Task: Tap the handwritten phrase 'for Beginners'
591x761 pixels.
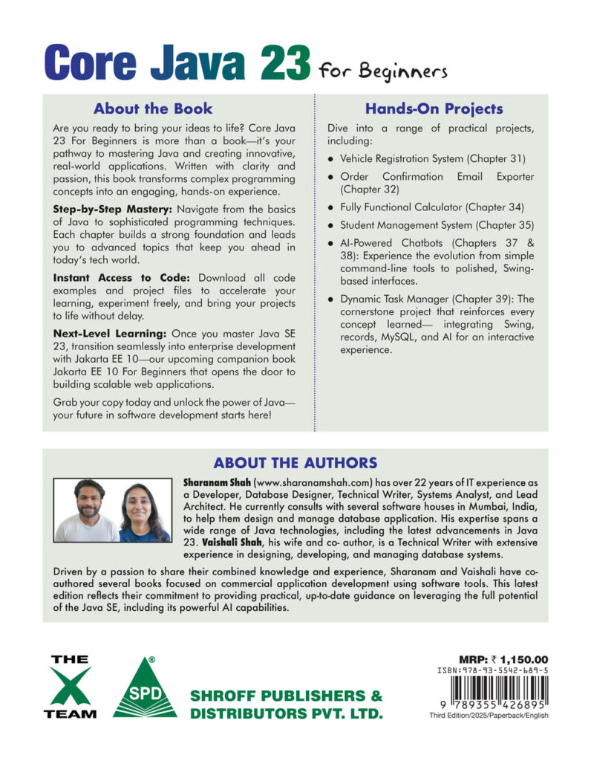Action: coord(382,71)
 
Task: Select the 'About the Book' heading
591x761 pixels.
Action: coord(153,109)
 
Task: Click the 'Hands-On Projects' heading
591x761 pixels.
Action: coord(434,109)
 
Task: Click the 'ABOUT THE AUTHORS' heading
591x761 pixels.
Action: coord(295,462)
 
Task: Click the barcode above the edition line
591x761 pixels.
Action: coord(494,693)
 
